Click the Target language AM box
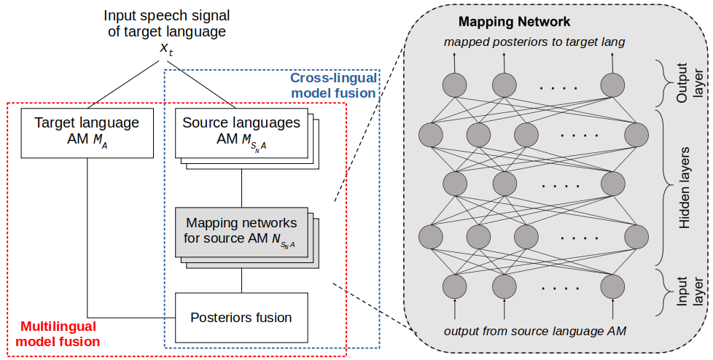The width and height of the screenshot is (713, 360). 87,133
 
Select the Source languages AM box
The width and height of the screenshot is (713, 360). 241,133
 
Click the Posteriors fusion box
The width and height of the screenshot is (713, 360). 241,317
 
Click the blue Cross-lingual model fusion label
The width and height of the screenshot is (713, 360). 333,85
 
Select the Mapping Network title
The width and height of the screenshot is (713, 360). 515,22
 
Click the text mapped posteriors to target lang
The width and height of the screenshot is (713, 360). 534,42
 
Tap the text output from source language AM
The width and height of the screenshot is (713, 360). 535,332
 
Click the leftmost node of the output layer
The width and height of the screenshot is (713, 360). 455,85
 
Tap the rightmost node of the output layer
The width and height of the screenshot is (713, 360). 613,85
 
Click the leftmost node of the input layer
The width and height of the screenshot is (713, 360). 455,285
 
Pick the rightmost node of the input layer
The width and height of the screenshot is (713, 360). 613,285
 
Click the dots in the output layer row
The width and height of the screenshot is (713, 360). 558,87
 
